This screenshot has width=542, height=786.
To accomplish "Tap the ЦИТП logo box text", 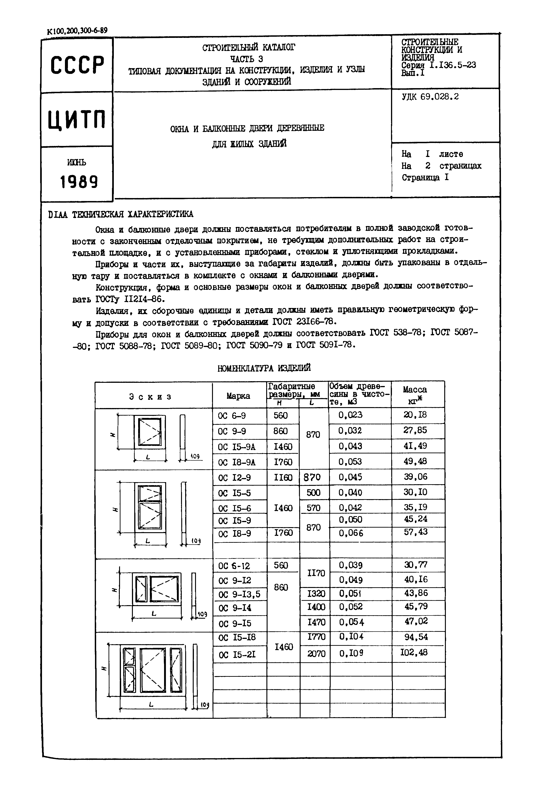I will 77,120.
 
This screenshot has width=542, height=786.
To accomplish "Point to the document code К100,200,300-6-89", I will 77,31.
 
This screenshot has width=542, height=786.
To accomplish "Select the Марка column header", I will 238,396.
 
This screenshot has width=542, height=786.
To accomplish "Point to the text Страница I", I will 425,178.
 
